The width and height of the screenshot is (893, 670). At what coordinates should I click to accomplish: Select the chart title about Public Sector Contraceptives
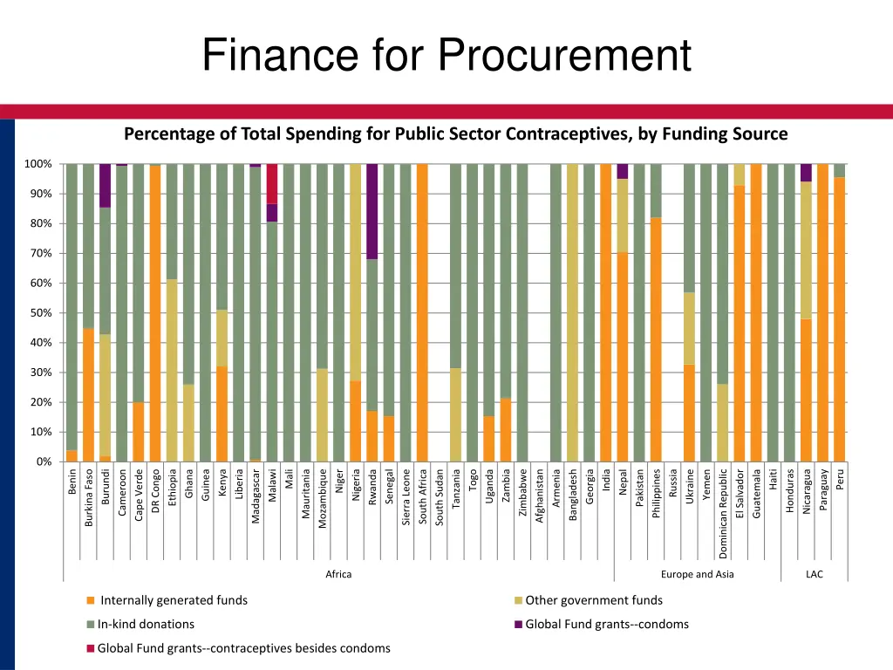455,133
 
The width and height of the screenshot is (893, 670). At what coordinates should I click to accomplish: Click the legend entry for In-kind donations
145,624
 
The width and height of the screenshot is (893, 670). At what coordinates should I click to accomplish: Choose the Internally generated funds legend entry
173,600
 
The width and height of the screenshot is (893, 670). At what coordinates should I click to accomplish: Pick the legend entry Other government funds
593,600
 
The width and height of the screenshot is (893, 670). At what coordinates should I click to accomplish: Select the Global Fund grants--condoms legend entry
606,624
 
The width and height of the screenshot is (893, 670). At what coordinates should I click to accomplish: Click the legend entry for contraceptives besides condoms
243,647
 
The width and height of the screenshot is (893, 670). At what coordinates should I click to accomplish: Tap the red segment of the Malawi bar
272,183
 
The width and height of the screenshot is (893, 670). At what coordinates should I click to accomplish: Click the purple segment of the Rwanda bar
372,211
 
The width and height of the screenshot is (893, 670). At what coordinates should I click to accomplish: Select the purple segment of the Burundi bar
106,185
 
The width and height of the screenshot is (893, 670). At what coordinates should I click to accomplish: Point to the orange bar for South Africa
422,312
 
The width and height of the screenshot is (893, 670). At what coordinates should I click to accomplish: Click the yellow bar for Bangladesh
572,312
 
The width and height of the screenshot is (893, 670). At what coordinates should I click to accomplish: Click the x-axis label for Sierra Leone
406,496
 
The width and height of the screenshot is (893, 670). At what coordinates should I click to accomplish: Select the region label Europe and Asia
698,574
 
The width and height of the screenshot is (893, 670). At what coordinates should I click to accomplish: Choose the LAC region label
814,574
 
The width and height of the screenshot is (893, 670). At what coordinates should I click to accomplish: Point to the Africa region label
338,574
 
